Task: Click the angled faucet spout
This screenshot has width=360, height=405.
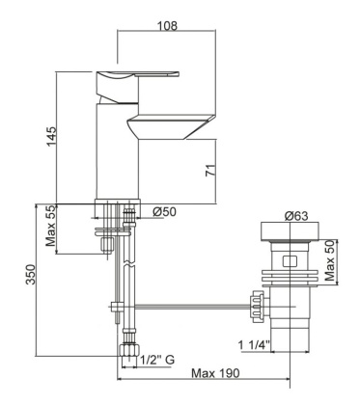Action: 174,126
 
